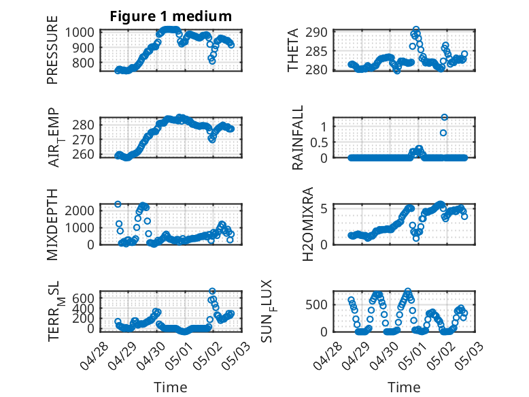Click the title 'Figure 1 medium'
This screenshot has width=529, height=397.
[x=171, y=16]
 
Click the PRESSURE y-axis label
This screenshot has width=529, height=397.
[x=52, y=50]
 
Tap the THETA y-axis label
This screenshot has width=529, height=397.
[x=293, y=50]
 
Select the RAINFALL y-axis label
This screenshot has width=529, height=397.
[x=298, y=138]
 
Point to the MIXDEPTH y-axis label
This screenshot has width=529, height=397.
[x=52, y=224]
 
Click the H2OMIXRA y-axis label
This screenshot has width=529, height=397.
[x=308, y=224]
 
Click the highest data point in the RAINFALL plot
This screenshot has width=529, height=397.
[x=444, y=117]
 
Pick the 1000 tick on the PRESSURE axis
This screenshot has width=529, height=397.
[x=80, y=33]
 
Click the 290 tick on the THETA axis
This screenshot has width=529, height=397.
[x=316, y=33]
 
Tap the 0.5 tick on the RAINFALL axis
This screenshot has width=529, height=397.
[x=319, y=142]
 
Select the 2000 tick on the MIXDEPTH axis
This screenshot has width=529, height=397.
[x=80, y=211]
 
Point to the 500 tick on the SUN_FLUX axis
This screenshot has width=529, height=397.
[x=316, y=305]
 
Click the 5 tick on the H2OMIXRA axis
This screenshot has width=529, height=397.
[x=324, y=209]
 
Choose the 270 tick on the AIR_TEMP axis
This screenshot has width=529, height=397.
[x=84, y=139]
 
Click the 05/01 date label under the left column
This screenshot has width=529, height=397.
[x=179, y=355]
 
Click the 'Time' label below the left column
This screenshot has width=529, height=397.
[x=171, y=387]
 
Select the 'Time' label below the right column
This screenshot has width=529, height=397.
[x=404, y=387]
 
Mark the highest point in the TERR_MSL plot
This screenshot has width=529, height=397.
[x=212, y=291]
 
